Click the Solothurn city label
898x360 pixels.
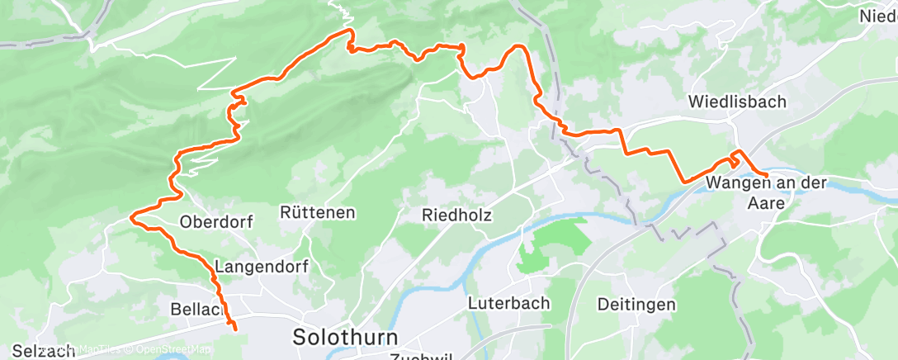(345, 337)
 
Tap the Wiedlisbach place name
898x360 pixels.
(738, 102)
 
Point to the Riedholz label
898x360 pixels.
(456, 215)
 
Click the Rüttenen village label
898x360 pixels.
(317, 212)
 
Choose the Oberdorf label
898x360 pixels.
(215, 221)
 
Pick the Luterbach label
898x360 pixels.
(508, 303)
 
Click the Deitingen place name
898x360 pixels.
(637, 304)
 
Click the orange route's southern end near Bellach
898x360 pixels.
(235, 329)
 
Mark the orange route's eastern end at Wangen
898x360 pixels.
(768, 176)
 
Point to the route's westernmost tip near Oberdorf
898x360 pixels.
(131, 217)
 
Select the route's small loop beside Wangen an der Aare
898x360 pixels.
(735, 159)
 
